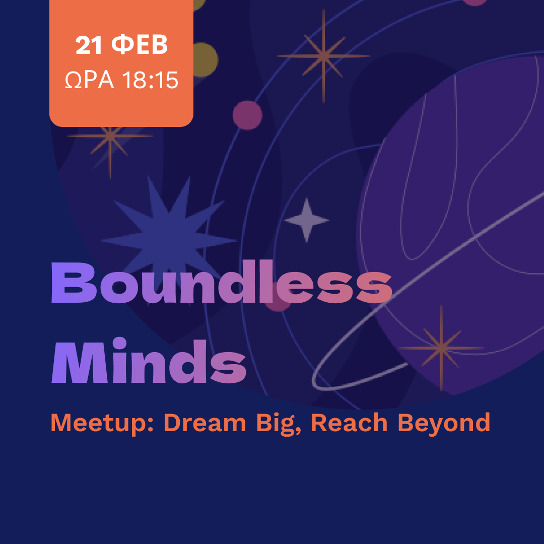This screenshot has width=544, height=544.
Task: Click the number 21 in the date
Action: pos(89,45)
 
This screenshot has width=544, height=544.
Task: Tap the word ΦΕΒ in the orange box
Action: pos(140,45)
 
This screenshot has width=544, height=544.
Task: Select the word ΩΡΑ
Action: pos(90,80)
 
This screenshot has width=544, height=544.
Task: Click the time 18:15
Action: pos(150,80)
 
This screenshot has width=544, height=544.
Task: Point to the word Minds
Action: pos(149,361)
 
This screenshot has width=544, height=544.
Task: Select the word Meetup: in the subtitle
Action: pos(102,423)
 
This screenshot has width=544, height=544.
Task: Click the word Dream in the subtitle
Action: pos(205,423)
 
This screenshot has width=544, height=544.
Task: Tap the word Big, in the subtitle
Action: pos(279,424)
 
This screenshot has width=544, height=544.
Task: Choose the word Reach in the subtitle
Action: pos(349,423)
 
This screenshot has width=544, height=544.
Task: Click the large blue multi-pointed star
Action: pos(169,239)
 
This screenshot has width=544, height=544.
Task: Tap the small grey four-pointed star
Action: pos(307,220)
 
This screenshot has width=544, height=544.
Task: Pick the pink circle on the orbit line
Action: pos(247,115)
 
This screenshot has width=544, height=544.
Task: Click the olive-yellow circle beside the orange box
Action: pos(205,59)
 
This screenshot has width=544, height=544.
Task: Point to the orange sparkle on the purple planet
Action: pos(441,348)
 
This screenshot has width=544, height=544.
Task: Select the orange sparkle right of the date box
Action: pos(323,56)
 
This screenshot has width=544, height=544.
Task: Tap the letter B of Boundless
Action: pos(74,283)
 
